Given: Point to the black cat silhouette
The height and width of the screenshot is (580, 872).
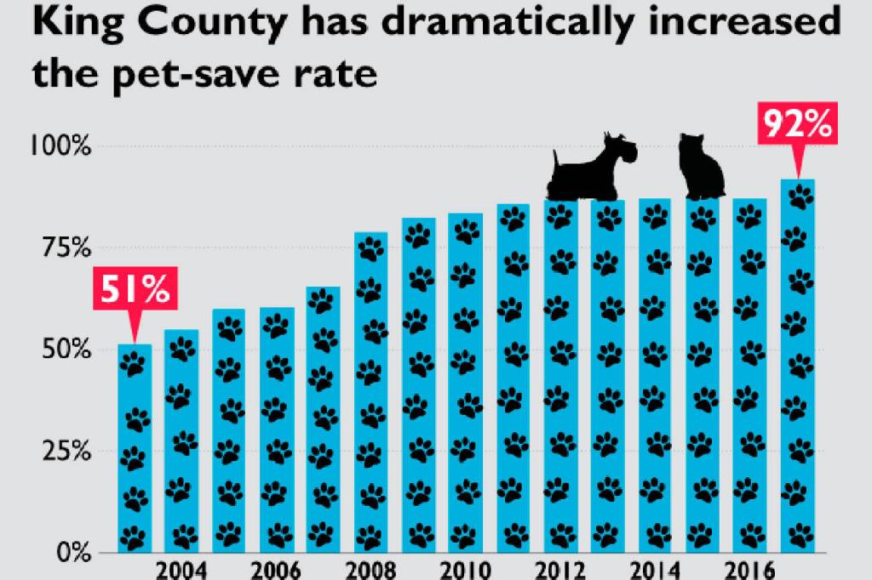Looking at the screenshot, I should click(x=701, y=168).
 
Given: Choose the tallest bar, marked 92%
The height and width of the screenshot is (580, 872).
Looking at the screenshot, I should click(x=798, y=366).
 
